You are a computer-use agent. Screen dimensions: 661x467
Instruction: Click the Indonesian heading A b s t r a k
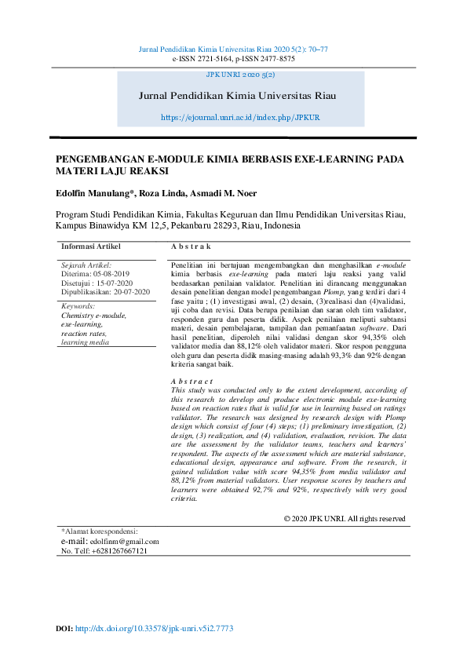tap(191, 247)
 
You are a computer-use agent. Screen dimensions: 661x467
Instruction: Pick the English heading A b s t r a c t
tap(192, 381)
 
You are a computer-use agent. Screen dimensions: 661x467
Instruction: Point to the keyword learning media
tap(85, 342)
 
